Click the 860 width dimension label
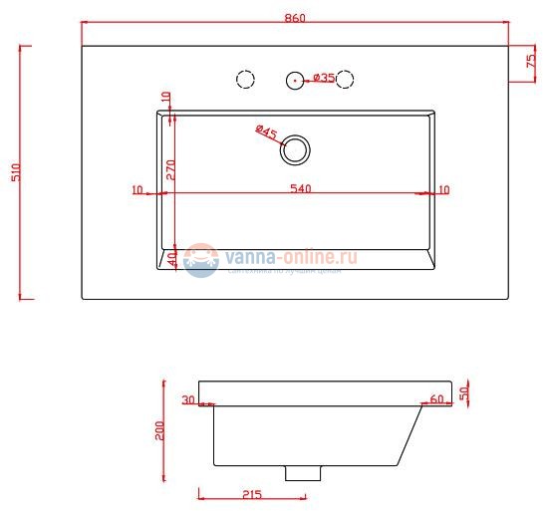[x=294, y=17]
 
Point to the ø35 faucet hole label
[x=324, y=78]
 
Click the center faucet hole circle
[x=295, y=79]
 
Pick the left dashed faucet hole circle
[x=243, y=79]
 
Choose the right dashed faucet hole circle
[x=347, y=79]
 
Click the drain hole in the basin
[x=295, y=150]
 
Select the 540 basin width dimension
[x=297, y=188]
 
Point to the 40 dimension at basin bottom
[x=170, y=258]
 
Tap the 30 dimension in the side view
[x=187, y=400]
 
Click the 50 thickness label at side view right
[x=463, y=392]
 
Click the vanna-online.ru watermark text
[x=291, y=258]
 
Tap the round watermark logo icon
[x=200, y=260]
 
